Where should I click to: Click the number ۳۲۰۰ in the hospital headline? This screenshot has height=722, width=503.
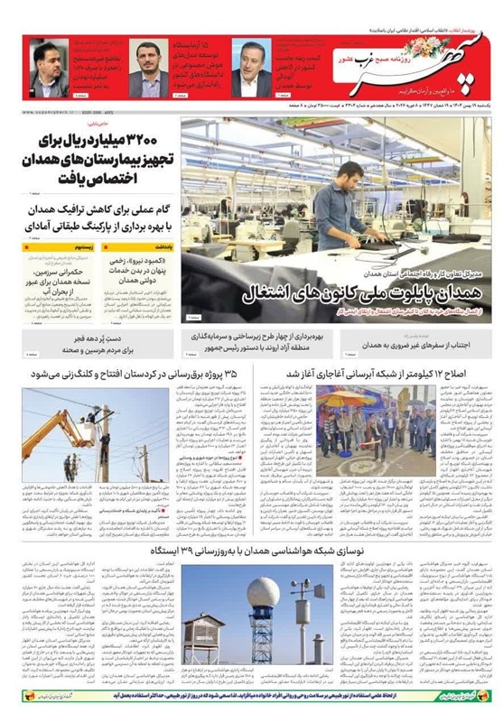coord(138,141)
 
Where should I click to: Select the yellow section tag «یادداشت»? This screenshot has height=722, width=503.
coord(163,246)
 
